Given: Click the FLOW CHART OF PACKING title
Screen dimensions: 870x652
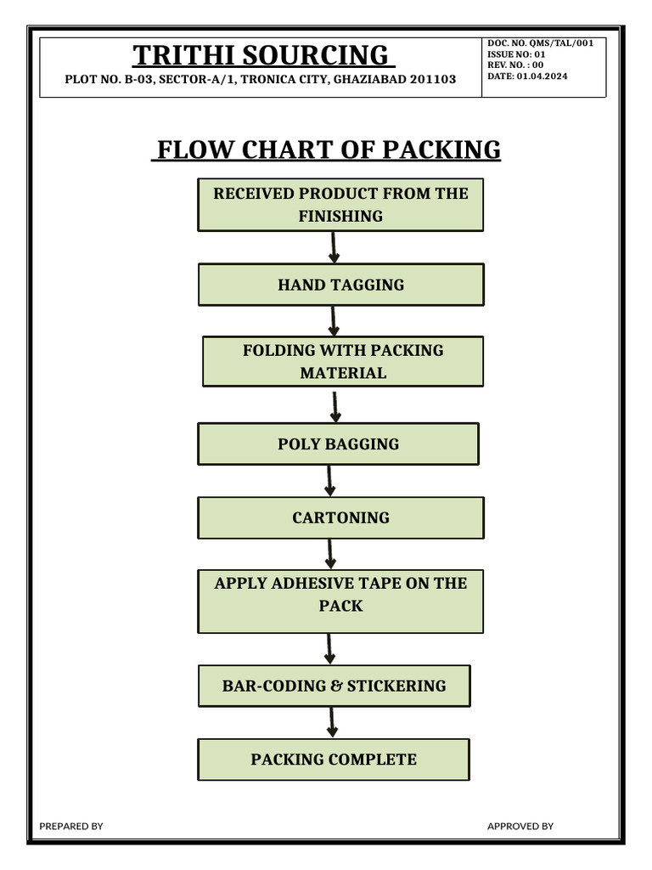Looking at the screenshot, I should click(327, 150).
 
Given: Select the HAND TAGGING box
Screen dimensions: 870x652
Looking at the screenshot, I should click(340, 285).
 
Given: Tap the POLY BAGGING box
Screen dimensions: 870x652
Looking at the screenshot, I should click(338, 443).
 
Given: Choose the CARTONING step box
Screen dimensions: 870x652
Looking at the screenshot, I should click(340, 517).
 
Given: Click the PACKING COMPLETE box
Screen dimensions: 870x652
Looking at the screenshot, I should click(333, 759).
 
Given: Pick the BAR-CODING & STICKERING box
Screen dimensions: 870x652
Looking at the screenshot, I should click(334, 686).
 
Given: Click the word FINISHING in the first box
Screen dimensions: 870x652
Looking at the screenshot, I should click(340, 216).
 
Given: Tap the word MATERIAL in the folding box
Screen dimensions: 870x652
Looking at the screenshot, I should click(342, 372).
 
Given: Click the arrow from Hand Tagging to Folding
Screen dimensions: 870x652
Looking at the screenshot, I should click(334, 320).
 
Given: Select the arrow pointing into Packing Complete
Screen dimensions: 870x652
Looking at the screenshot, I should click(333, 722).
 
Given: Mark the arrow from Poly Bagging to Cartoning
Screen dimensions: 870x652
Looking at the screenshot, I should click(330, 480).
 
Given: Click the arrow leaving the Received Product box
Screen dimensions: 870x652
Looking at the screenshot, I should click(334, 246).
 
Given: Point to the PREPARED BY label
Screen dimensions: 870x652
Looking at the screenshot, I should click(71, 826).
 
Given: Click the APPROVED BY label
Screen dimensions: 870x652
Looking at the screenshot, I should click(520, 826).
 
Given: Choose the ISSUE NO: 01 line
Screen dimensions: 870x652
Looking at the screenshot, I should click(516, 54).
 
